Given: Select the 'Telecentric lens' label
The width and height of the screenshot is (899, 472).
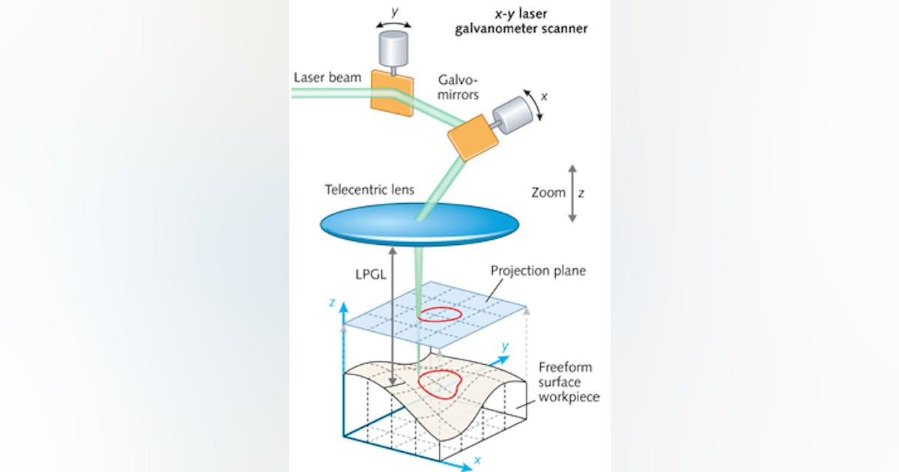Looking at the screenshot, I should click(369, 190).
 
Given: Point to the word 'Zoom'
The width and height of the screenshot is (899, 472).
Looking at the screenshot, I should click(548, 193).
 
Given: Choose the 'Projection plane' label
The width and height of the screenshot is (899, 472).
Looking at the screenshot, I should click(537, 270).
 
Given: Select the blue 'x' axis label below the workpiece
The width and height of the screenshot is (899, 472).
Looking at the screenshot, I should click(477, 462).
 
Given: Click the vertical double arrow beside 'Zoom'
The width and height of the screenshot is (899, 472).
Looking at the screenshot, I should click(572, 193).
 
